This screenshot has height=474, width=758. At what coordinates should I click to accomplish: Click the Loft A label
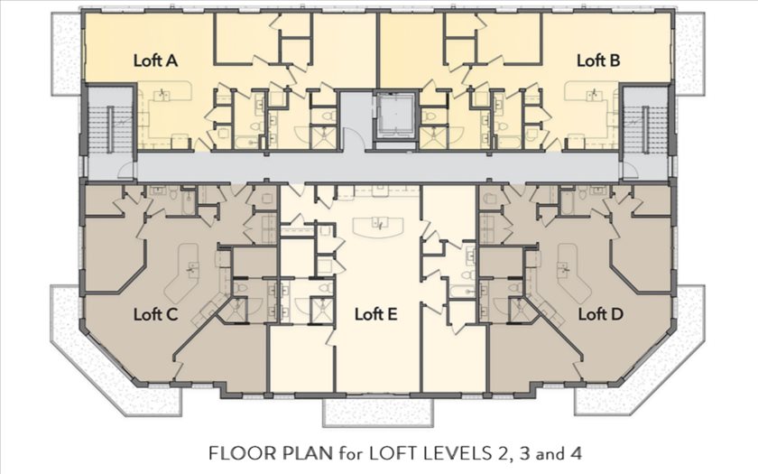coord(155,61)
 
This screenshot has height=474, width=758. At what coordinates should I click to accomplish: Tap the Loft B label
coord(598,61)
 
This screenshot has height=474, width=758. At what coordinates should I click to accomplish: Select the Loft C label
coord(155,314)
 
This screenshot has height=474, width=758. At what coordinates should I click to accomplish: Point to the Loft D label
coord(600,314)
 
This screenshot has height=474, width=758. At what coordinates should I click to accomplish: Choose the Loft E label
coord(376,314)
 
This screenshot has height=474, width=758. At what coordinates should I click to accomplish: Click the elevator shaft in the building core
coord(395,116)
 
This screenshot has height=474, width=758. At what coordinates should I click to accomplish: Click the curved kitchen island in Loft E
coord(378,226)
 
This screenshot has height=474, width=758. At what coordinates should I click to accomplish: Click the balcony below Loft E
coord(378,412)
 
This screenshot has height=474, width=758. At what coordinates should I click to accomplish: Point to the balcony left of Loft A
coord(66,53)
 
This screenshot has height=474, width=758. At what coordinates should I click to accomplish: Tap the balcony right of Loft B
coord(689,53)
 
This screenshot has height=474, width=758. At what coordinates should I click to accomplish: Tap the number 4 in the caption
coord(576,453)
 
